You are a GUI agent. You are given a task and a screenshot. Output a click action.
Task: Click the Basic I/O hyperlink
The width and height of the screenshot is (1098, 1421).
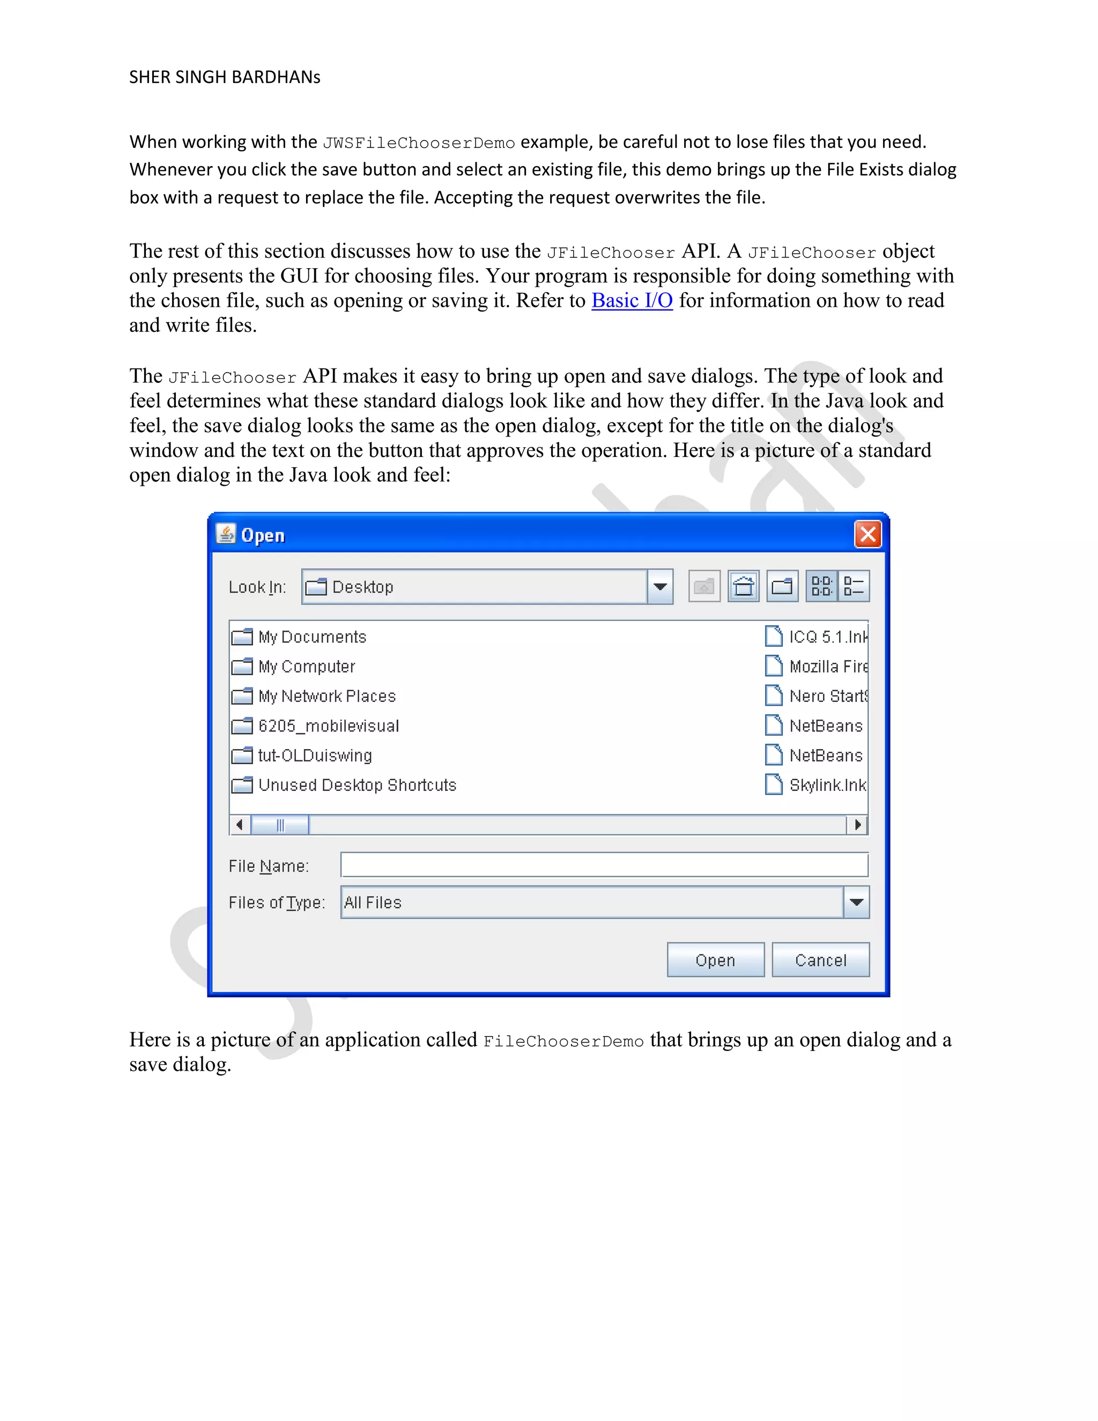tap(631, 301)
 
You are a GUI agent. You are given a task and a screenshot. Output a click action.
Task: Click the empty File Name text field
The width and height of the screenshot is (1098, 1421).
tap(604, 865)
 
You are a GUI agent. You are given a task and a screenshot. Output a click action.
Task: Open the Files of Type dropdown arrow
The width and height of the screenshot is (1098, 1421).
tap(856, 902)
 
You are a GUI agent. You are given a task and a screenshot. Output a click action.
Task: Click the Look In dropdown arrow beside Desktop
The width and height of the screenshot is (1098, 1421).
tap(659, 587)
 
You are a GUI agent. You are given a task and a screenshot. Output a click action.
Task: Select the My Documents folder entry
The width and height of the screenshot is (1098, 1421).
tap(311, 637)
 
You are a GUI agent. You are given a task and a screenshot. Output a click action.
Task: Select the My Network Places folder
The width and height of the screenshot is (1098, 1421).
tap(327, 696)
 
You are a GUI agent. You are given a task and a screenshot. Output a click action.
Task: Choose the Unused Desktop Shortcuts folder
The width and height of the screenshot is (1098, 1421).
tap(357, 786)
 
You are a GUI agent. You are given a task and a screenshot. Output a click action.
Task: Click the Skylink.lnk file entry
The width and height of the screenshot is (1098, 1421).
tap(826, 786)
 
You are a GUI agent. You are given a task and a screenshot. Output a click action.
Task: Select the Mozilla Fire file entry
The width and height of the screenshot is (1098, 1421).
tap(827, 667)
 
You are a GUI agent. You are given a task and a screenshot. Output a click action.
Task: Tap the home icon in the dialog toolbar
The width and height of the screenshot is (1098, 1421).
tap(744, 587)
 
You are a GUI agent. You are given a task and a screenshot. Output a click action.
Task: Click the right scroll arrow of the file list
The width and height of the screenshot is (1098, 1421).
tap(858, 825)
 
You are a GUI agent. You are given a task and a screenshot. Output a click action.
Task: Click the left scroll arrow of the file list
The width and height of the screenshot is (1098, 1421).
tap(239, 825)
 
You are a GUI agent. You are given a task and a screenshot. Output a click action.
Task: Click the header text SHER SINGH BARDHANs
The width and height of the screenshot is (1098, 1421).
tap(225, 77)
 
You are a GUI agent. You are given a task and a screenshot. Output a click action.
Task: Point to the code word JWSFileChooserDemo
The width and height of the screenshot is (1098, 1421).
tap(418, 143)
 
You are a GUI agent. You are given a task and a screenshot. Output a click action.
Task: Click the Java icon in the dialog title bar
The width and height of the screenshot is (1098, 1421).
tap(226, 534)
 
